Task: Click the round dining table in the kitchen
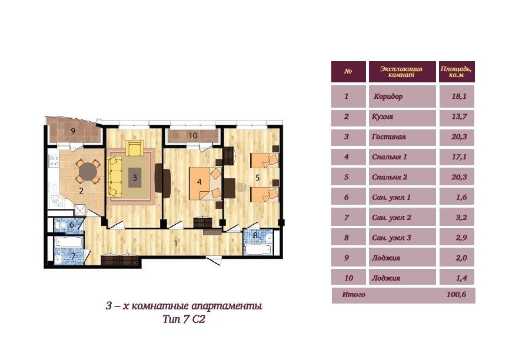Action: click(x=88, y=171)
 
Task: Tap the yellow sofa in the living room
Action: click(x=114, y=176)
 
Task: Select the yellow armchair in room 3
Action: click(x=134, y=148)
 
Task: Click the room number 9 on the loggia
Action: click(x=73, y=131)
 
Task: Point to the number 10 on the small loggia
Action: click(x=193, y=135)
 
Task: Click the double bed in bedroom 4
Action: click(x=205, y=184)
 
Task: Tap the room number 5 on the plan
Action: click(x=258, y=178)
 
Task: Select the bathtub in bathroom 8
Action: click(x=258, y=249)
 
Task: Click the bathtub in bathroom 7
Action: click(x=69, y=242)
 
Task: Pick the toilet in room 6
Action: click(x=62, y=225)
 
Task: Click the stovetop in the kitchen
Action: click(x=54, y=161)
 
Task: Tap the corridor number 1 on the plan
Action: click(x=176, y=243)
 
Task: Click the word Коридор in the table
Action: click(x=388, y=96)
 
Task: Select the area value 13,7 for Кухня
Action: click(x=460, y=116)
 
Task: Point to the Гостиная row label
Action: click(x=389, y=136)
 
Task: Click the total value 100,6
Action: click(x=457, y=295)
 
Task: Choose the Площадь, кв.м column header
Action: click(x=457, y=72)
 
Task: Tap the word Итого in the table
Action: click(x=354, y=295)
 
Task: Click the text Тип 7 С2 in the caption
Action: click(x=184, y=319)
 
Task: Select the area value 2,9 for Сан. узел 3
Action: click(x=461, y=238)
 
